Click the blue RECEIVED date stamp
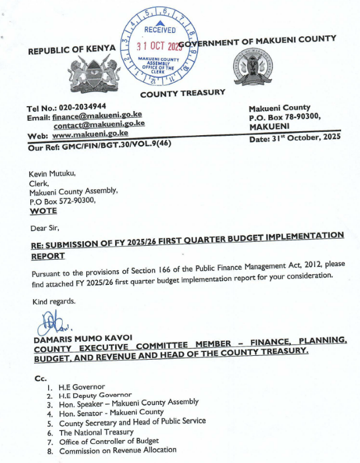160,44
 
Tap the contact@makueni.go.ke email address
99,125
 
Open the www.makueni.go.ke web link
90,135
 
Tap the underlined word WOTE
42,211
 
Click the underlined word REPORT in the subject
48,256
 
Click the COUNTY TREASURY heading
183,93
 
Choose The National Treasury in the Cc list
96,432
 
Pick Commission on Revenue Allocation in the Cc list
117,450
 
